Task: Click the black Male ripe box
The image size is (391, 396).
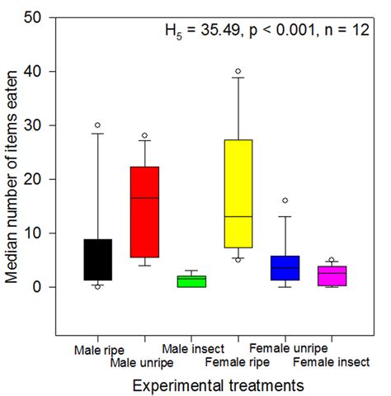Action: [x=97, y=260]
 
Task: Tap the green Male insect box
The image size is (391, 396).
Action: [x=191, y=281]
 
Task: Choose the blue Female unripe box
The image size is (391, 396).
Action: [x=285, y=268]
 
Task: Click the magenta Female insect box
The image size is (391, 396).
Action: [x=331, y=276]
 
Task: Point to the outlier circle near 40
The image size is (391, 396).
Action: [x=238, y=71]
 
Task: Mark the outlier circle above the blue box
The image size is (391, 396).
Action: [x=285, y=200]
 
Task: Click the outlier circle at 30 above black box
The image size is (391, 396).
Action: [x=97, y=125]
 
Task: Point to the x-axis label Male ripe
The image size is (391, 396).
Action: [x=98, y=351]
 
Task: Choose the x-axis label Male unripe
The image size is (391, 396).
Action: [x=144, y=361]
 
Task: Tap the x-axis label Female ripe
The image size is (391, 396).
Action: [x=238, y=361]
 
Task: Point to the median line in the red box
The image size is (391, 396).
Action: [x=144, y=198]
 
